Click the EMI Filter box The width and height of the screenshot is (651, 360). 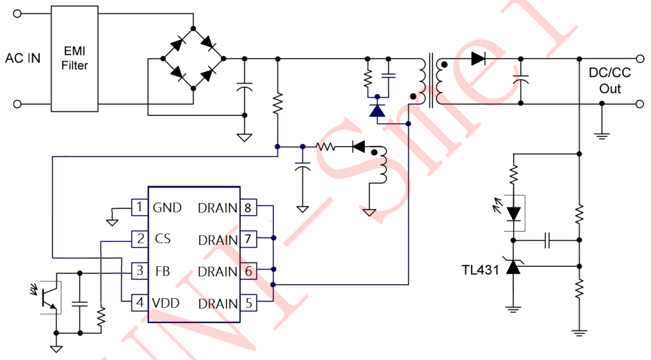(75, 58)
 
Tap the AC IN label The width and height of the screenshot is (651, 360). (23, 58)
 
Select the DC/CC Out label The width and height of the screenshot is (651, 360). (609, 81)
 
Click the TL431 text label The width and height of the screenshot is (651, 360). (480, 270)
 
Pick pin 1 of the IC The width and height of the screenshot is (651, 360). (139, 207)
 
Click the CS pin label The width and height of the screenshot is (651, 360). (163, 238)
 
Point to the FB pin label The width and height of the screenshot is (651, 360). (163, 271)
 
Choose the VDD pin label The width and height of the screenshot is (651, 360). (166, 303)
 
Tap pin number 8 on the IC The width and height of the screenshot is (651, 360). (247, 207)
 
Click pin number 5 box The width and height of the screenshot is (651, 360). (247, 303)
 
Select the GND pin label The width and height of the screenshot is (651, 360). (167, 207)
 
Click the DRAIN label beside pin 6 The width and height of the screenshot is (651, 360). (218, 271)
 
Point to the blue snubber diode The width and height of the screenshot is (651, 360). (378, 110)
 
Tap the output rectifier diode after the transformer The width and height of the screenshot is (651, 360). (478, 58)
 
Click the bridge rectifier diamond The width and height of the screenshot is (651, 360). (193, 58)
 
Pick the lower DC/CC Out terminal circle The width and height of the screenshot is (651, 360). (640, 104)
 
